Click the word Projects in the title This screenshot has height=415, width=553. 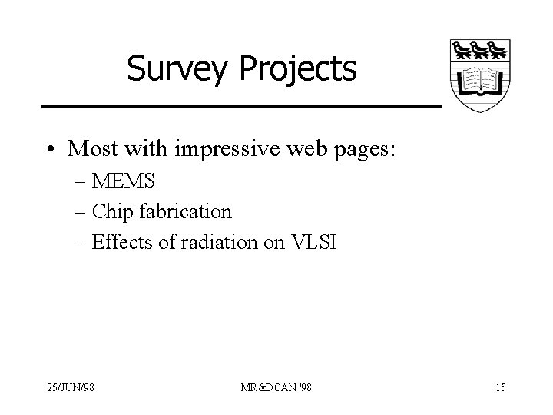point(299,68)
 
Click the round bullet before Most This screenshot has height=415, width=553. point(51,149)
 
